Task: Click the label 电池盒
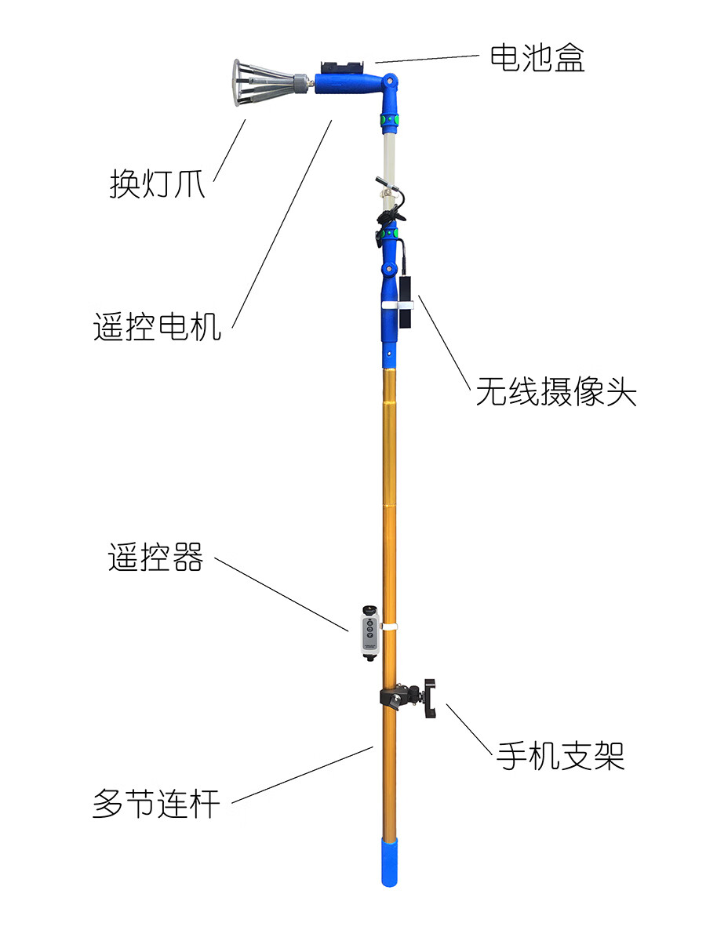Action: (x=537, y=59)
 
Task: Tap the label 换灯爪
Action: (x=157, y=185)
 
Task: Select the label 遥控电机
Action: (x=158, y=326)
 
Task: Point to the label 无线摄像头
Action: (x=555, y=392)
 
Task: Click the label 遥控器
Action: (x=155, y=558)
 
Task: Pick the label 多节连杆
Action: (x=156, y=804)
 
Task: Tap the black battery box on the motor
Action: (x=343, y=66)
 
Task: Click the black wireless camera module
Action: (x=405, y=302)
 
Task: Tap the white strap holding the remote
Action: (x=389, y=627)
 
